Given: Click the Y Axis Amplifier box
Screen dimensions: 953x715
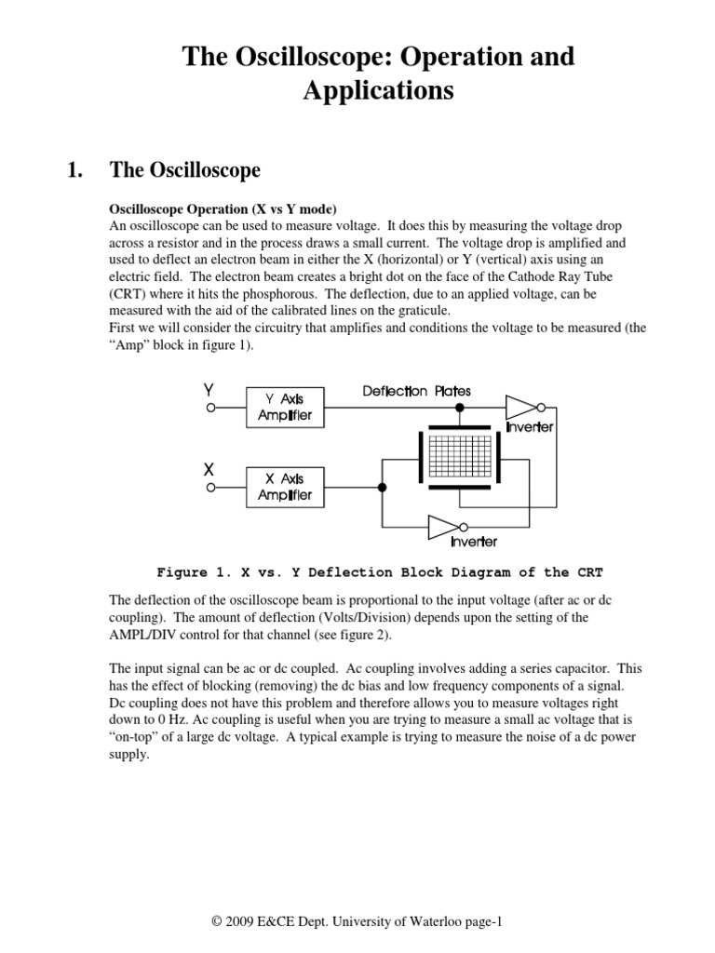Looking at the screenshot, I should pos(285,407).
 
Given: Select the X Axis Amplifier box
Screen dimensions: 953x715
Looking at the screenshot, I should pos(285,486).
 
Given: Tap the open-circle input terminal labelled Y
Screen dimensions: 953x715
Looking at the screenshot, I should pos(211,408).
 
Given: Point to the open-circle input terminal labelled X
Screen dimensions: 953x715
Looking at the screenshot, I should pos(211,487).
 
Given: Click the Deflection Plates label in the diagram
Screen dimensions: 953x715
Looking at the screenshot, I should pos(417,392).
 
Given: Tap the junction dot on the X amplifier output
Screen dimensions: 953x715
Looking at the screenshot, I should pos(382,487).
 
